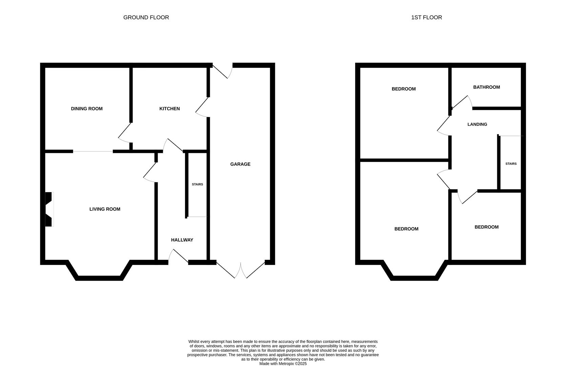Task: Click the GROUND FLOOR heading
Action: (146, 17)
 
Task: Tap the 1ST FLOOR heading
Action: (426, 17)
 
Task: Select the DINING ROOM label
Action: (87, 108)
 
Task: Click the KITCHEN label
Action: (169, 108)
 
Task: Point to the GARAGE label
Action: (240, 164)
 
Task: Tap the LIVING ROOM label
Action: (105, 209)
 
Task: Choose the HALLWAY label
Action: (182, 240)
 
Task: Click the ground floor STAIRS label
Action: (197, 184)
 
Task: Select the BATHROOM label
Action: (486, 87)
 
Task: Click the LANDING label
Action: (477, 124)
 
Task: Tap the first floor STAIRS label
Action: (511, 164)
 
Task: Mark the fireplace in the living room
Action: (49, 209)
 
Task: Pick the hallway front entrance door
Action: (179, 257)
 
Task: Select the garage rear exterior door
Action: (223, 70)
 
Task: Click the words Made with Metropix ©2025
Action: (283, 364)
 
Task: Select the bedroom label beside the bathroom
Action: (403, 89)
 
